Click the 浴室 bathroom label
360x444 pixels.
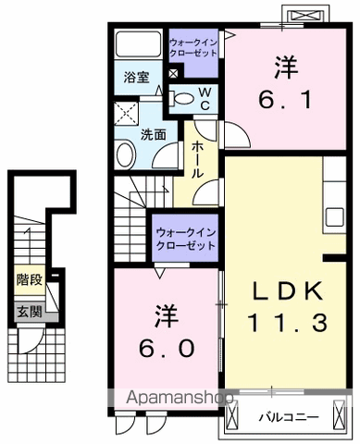click(x=137, y=77)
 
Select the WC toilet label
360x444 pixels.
click(x=205, y=98)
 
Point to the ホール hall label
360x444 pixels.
click(x=198, y=159)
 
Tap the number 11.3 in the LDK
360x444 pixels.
click(x=286, y=323)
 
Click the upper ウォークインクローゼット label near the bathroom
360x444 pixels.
click(x=193, y=47)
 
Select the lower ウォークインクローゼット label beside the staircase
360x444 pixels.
click(x=186, y=239)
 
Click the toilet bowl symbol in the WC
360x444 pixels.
click(x=182, y=97)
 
